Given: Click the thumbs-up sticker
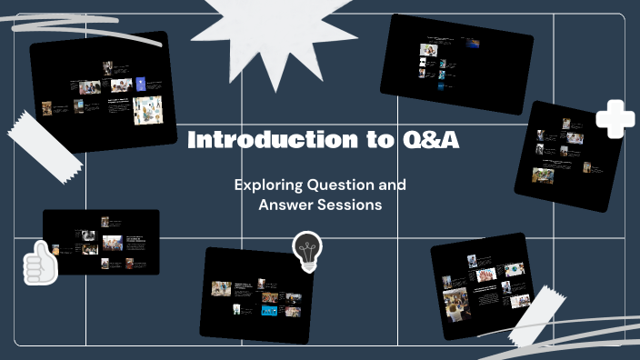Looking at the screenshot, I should (x=40, y=263).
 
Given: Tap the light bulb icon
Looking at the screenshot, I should (x=306, y=250).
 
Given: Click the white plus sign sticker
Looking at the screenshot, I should (x=615, y=118).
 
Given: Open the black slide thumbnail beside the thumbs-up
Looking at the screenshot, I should (x=101, y=242).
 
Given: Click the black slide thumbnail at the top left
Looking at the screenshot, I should (x=104, y=91).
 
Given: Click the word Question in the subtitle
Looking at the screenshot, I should (x=339, y=185).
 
